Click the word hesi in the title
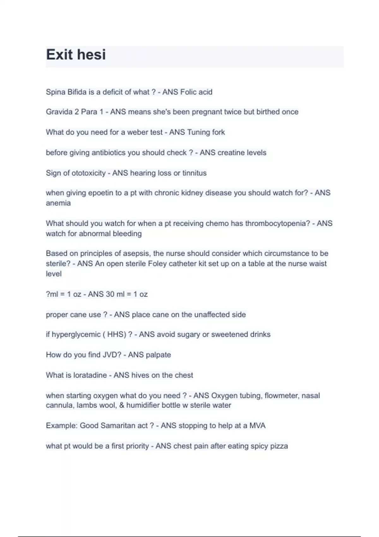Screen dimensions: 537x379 (91, 55)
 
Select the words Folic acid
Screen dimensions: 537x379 (196, 92)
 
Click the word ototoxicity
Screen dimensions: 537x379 (89, 173)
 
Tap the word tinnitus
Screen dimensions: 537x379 (194, 173)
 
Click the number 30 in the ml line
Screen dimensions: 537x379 (110, 294)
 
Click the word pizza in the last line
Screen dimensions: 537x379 (279, 446)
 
